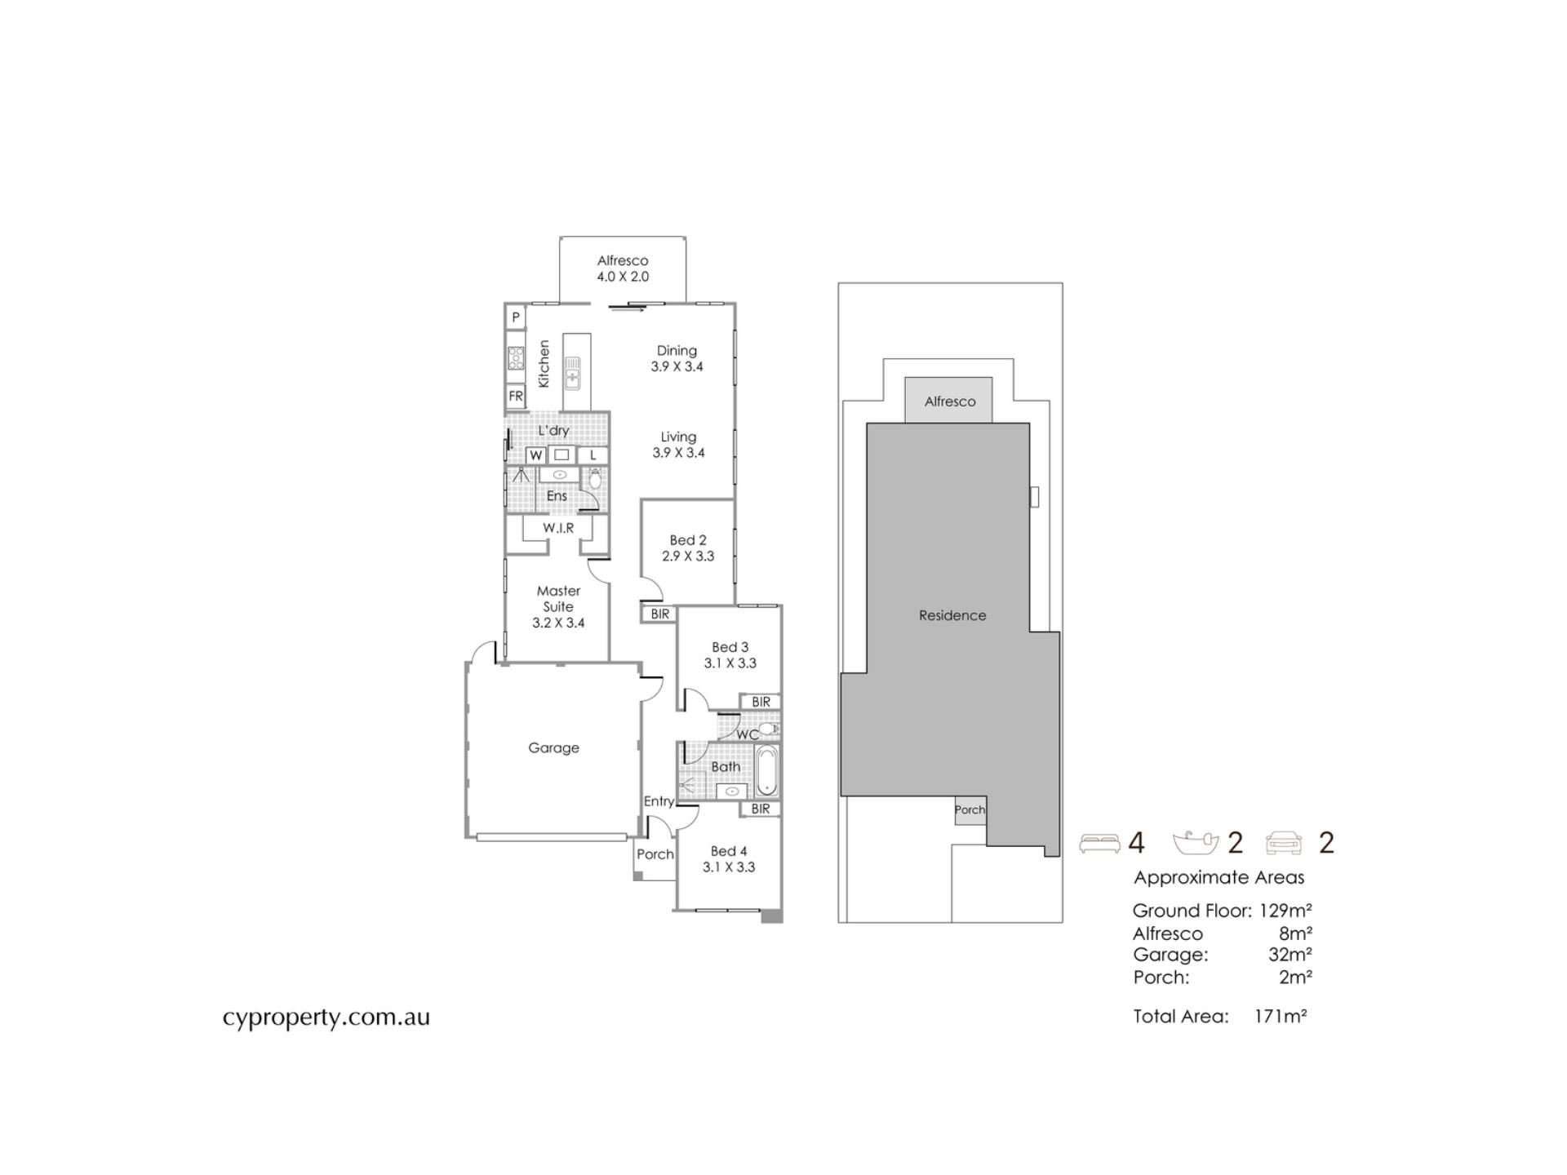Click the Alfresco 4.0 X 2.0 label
click(x=623, y=268)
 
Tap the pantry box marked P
click(x=515, y=317)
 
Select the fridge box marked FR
click(x=515, y=397)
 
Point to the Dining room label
click(x=677, y=351)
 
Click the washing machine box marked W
click(x=536, y=455)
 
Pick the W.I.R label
click(x=558, y=528)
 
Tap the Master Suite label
click(x=558, y=598)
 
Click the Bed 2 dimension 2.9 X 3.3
click(x=688, y=556)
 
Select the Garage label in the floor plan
click(x=553, y=747)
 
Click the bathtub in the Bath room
click(x=766, y=770)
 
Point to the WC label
click(x=747, y=734)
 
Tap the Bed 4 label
click(x=729, y=851)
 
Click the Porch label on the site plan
click(x=970, y=809)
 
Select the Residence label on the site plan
click(x=952, y=615)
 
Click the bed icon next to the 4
click(x=1099, y=843)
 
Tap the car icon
click(x=1284, y=843)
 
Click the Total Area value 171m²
click(x=1281, y=1016)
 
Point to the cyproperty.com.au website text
click(x=326, y=1018)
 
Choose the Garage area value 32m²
click(x=1290, y=955)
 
